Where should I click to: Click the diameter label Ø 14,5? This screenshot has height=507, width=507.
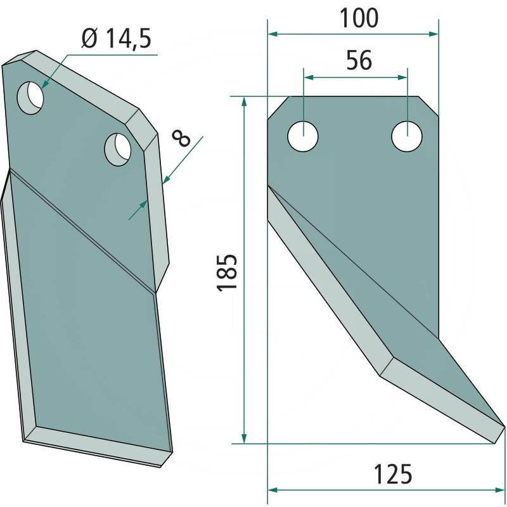coord(116,40)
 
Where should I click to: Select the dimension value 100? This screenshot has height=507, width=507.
coord(358,18)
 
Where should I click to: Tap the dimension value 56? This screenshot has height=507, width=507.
coord(358,61)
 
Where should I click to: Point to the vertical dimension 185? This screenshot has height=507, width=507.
coord(227,273)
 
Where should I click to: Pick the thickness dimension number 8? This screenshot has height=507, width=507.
coord(183,138)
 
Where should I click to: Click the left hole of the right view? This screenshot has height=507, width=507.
coord(304,137)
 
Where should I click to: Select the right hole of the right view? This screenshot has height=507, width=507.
coord(406,137)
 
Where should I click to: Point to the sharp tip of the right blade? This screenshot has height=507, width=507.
coord(504,426)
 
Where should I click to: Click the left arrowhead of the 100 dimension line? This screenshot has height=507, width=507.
coord(272,34)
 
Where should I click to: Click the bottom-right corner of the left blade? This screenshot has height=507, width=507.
coord(172,451)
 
